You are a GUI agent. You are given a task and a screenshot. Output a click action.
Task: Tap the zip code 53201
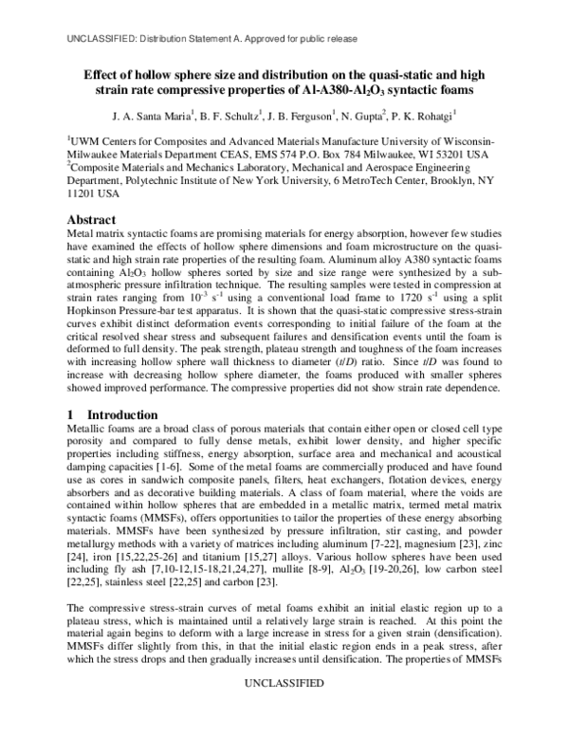(451, 153)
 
